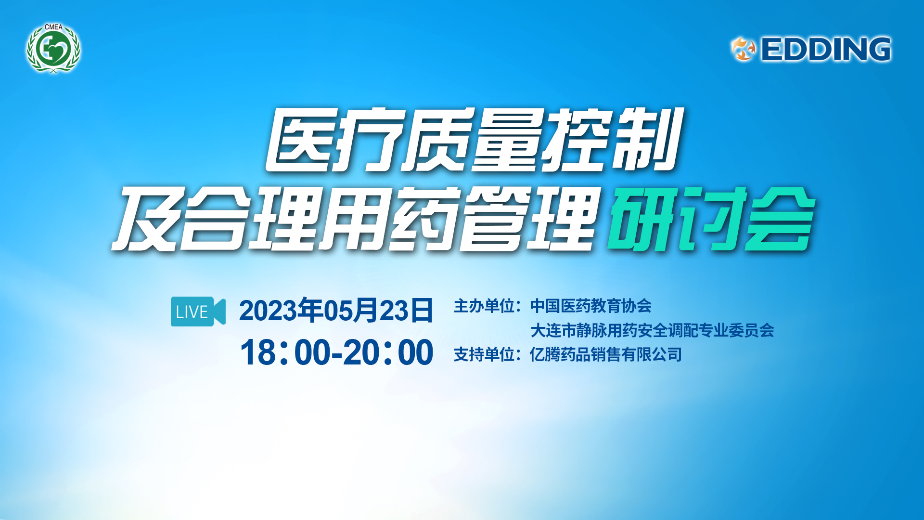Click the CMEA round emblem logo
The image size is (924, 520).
53,49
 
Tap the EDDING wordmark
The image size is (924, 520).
826,50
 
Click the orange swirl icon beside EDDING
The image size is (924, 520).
744,50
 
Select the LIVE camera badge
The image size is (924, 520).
198,312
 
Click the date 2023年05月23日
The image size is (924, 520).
336,311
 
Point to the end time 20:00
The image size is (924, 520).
388,352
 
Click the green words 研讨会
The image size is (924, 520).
710,219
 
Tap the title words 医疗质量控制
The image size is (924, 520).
474,140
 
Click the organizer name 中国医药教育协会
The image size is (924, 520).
590,306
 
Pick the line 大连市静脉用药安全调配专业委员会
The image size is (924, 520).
652,330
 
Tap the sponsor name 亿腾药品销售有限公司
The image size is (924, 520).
606,355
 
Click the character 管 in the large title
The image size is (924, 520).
496,219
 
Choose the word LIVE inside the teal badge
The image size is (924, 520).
192,312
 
